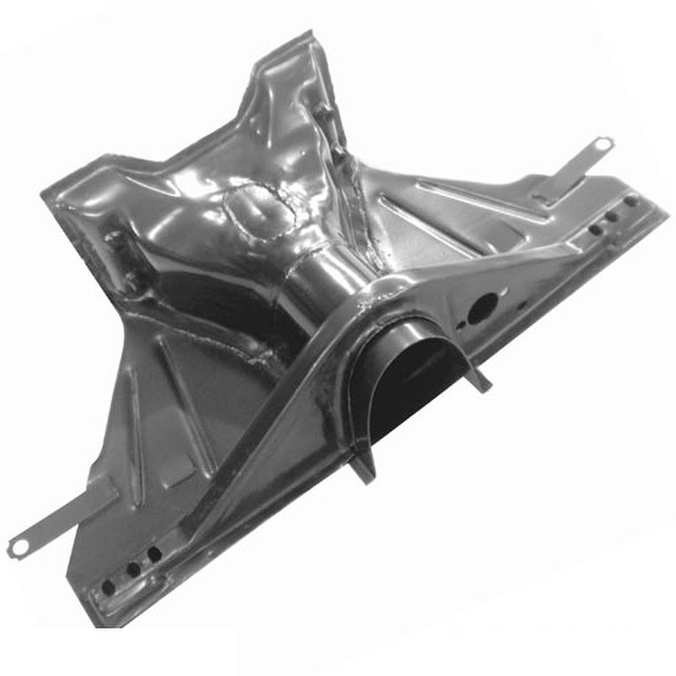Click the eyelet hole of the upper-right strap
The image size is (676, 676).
603,143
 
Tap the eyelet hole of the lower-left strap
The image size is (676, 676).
19,547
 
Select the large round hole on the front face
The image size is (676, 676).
482,308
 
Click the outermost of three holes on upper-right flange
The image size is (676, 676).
631,201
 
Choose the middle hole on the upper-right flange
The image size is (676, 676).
612,216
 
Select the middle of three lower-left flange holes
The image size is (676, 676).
133,570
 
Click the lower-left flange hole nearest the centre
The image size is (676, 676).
154,554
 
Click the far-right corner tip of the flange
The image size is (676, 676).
665,210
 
